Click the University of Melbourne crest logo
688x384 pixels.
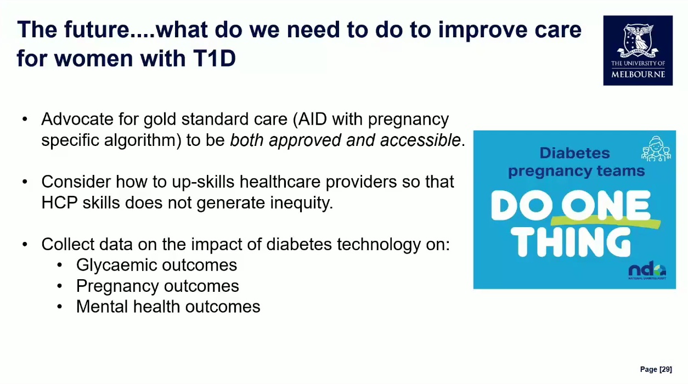[638, 50]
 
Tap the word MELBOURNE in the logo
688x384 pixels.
[638, 75]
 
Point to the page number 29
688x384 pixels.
[666, 369]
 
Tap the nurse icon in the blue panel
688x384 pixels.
[656, 149]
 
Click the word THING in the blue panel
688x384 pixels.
[571, 242]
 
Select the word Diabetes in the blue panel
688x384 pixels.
[574, 153]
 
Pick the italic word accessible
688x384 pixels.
[420, 140]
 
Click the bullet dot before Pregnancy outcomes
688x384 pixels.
[60, 286]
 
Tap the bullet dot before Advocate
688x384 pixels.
[25, 119]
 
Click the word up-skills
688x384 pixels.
[203, 182]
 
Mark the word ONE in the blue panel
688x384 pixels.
[606, 205]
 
